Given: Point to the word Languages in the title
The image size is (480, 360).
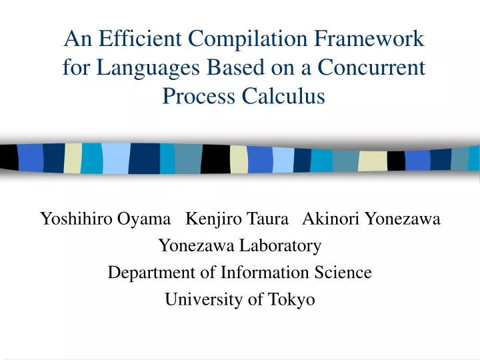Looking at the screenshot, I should (x=138, y=68).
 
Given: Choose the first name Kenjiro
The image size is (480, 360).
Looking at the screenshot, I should (x=214, y=219).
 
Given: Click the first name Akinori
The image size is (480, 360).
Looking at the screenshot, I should (x=331, y=219).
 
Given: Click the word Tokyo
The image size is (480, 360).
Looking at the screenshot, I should (x=291, y=300).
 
